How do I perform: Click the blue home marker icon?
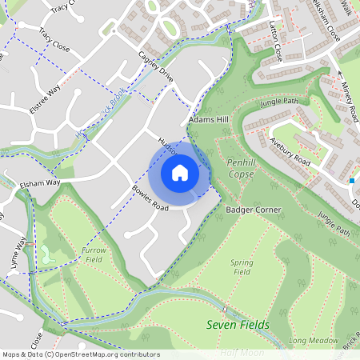click(x=180, y=172)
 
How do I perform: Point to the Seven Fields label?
click(x=238, y=325)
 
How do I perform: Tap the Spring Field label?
click(x=242, y=267)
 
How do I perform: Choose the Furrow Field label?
click(x=93, y=255)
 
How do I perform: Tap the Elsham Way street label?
click(x=42, y=182)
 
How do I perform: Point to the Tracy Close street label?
click(x=54, y=42)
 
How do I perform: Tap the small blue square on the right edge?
click(x=352, y=181)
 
